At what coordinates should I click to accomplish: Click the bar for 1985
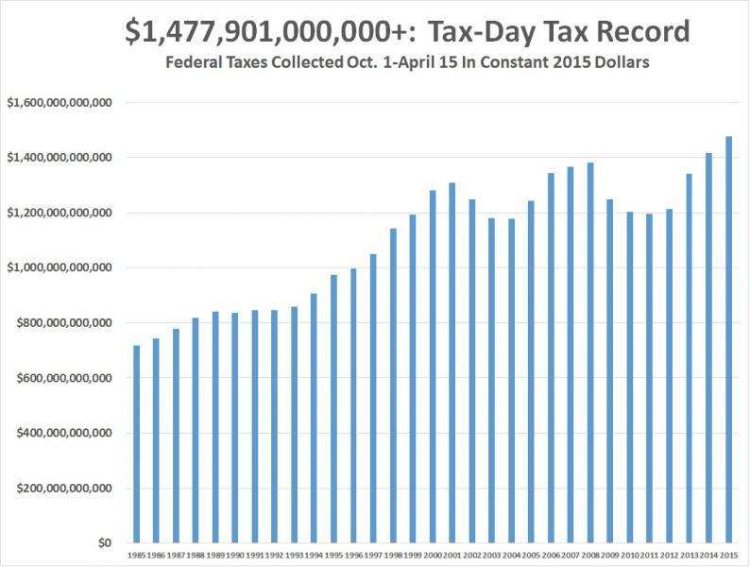(x=137, y=444)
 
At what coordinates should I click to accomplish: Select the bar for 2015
(x=728, y=340)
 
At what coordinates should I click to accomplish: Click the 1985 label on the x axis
(x=137, y=556)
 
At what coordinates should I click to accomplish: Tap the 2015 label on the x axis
(x=728, y=556)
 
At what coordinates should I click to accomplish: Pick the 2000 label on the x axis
(x=433, y=556)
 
